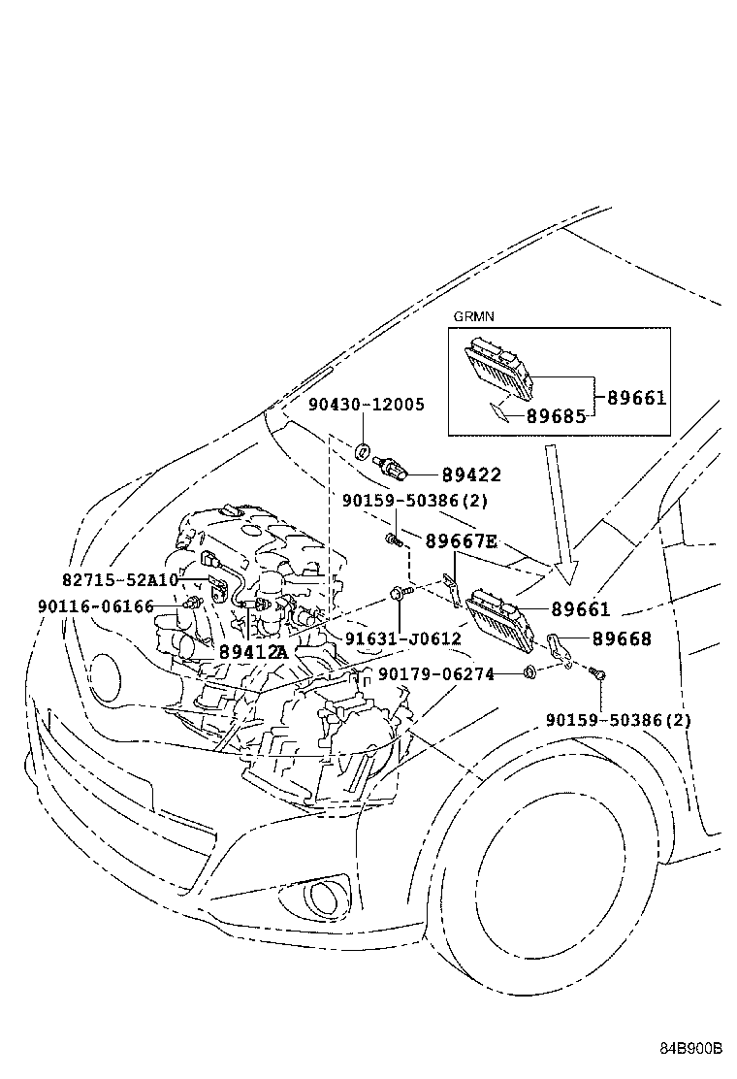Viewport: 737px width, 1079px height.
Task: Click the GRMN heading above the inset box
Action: [472, 317]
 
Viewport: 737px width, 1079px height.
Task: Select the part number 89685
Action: [556, 416]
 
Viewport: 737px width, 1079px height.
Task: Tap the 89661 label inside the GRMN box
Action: [637, 398]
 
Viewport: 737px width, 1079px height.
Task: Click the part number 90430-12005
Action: [366, 404]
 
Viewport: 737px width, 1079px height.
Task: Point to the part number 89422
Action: [471, 474]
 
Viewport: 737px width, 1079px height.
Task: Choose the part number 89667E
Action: [461, 541]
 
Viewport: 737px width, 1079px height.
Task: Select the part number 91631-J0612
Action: [402, 638]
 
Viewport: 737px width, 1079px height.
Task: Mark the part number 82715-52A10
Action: [120, 579]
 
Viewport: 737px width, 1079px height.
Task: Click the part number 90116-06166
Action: [96, 605]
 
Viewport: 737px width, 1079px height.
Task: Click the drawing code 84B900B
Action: [691, 1049]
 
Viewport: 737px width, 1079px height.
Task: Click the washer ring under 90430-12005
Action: [362, 450]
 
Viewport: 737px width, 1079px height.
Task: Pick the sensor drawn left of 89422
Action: [393, 466]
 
